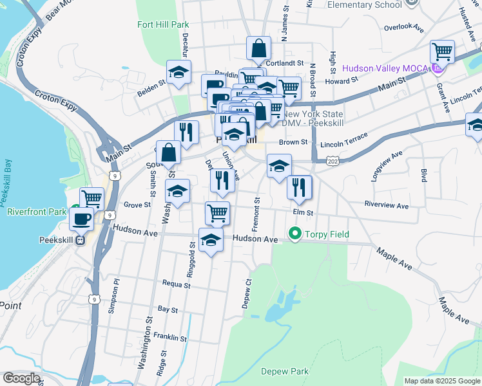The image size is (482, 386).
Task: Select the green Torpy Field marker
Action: [x=296, y=234]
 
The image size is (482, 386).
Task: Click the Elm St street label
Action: [x=302, y=212]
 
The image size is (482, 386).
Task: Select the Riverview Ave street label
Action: [x=387, y=206]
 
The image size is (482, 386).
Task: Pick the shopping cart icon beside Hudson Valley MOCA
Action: [x=442, y=51]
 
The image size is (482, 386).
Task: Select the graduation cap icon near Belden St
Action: [x=178, y=72]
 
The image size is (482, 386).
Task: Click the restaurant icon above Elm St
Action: [x=299, y=187]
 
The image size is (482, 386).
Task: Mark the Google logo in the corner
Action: [x=21, y=378]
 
